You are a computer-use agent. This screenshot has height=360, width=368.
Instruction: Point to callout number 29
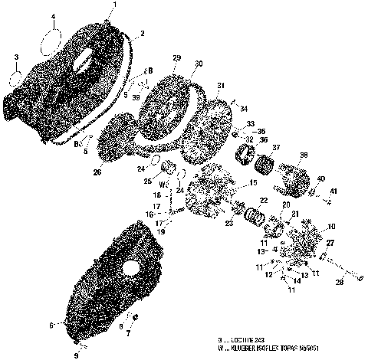[x=176, y=59]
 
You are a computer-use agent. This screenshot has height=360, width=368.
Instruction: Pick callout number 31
[x=221, y=85]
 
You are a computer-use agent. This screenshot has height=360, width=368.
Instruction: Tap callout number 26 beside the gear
[x=97, y=172]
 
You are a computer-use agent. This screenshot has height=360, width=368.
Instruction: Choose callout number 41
[x=333, y=190]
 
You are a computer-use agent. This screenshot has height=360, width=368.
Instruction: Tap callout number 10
[x=331, y=227]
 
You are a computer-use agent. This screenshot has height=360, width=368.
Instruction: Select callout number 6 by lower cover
[x=51, y=325]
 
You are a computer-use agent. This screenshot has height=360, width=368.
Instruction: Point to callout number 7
[x=128, y=335]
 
